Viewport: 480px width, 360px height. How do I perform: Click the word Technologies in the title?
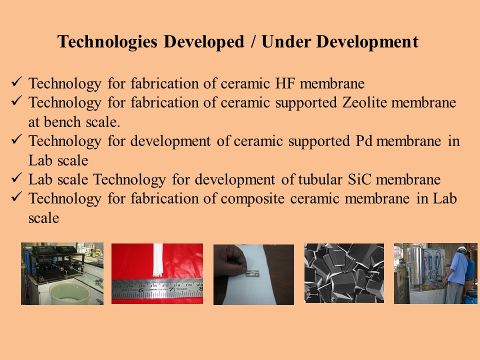107,42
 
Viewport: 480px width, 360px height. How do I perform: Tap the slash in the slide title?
253,41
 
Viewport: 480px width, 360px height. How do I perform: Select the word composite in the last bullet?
253,199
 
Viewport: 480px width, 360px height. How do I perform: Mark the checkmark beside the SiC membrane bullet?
16,177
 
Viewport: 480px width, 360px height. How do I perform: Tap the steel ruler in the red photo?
157,288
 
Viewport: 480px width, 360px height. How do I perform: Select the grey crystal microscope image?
344,273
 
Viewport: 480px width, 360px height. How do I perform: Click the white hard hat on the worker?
462,249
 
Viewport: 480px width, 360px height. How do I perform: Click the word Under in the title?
286,42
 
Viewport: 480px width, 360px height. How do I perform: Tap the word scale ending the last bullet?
44,218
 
